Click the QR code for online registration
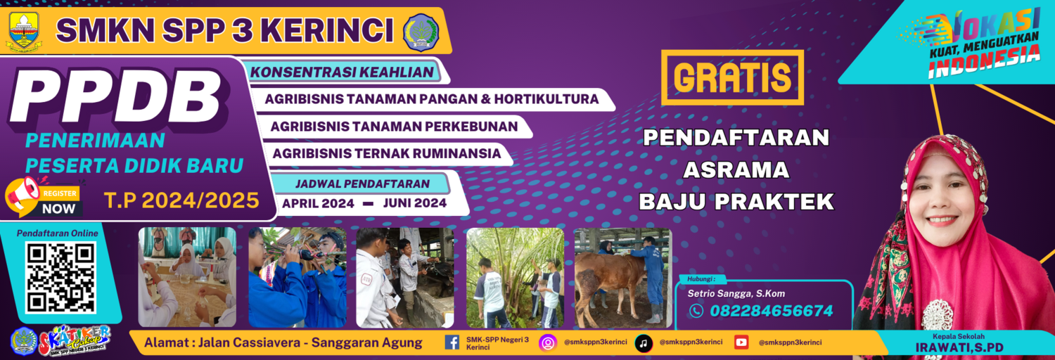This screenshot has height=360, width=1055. (x=60, y=278)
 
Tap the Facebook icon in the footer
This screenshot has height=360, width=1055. (x=452, y=342)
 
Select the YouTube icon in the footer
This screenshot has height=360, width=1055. (x=741, y=342)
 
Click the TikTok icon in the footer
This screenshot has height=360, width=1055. (x=643, y=342)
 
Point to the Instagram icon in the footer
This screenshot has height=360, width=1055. (x=547, y=342)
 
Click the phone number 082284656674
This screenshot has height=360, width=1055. (x=771, y=311)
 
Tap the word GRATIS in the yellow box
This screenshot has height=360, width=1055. (x=731, y=77)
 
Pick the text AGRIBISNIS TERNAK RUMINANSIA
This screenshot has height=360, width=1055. (x=387, y=153)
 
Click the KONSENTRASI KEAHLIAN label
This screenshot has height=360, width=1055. (x=342, y=72)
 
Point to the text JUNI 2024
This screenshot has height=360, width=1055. (x=415, y=203)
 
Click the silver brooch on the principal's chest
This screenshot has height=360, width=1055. (x=938, y=314)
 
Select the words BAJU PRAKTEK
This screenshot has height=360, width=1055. (x=736, y=202)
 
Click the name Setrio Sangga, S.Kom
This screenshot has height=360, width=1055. (x=736, y=293)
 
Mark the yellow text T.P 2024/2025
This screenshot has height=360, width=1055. (x=182, y=201)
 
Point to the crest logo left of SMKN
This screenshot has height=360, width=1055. (x=24, y=32)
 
